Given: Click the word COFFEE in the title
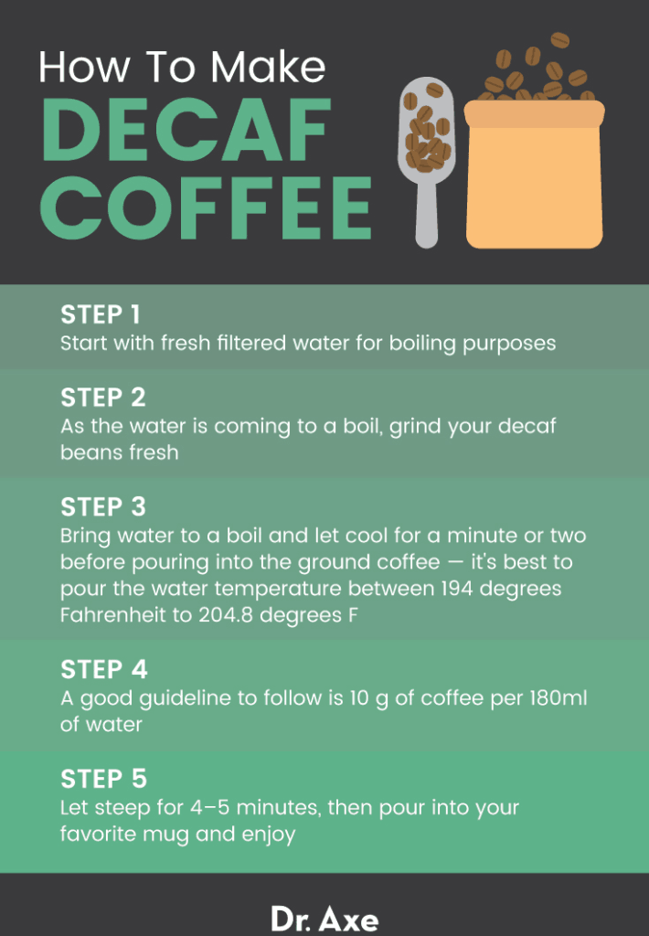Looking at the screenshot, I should tap(207, 209).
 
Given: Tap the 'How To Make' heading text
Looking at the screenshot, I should tap(182, 68).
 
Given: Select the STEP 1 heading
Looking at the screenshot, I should tap(101, 315).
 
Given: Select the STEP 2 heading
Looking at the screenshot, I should tap(102, 398).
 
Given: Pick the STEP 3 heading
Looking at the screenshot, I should tap(102, 506).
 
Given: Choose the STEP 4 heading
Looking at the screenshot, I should tap(103, 670).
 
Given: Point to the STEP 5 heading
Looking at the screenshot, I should tap(103, 779).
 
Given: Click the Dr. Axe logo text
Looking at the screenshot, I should tap(324, 917).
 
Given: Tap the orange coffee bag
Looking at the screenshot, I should tap(534, 178).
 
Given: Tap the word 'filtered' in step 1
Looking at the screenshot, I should tap(259, 344).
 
